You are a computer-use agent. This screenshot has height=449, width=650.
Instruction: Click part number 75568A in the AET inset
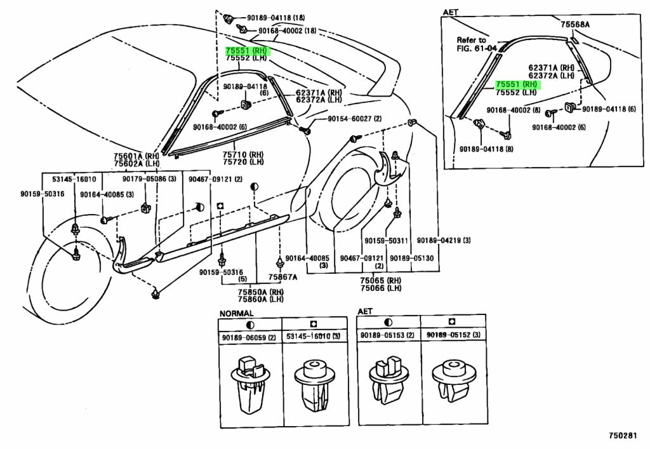[x=574, y=24]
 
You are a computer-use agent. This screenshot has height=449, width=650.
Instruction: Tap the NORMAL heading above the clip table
[x=236, y=312]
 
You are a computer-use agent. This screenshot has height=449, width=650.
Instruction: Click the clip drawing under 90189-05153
[x=387, y=383]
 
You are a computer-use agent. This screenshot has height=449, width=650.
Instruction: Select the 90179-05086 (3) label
[x=145, y=179]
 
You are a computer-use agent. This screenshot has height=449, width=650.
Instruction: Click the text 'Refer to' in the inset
[x=471, y=39]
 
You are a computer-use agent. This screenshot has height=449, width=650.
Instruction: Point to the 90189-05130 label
[x=411, y=258]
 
